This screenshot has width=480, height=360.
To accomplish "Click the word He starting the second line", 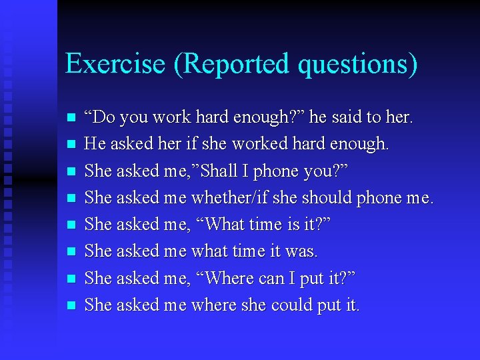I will tap(95, 144).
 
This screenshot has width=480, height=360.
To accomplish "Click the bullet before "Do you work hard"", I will tap(72, 118).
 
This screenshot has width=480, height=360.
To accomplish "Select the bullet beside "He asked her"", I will tap(72, 145).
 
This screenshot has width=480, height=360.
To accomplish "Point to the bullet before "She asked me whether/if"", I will tap(72, 198).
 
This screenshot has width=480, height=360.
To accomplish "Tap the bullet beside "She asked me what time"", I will tap(72, 252).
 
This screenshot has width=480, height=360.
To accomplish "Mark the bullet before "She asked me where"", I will tap(72, 305).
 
